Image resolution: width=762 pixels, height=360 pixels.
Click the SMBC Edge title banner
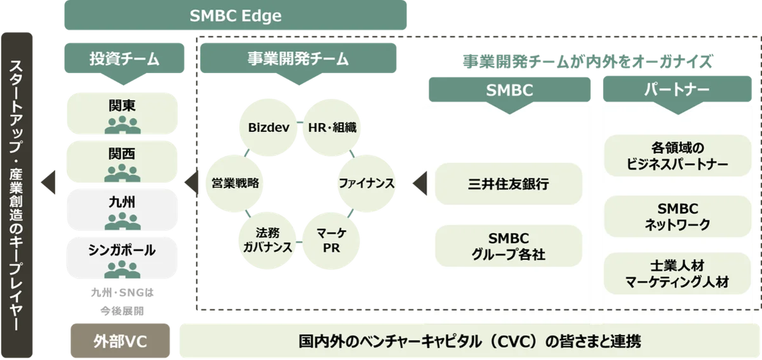pyautogui.click(x=235, y=16)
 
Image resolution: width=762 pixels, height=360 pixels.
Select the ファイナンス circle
pyautogui.click(x=366, y=183)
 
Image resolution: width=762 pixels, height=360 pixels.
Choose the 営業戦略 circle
pyautogui.click(x=235, y=183)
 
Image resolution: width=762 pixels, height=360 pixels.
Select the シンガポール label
pyautogui.click(x=123, y=250)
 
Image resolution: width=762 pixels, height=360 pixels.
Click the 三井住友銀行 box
pyautogui.click(x=508, y=183)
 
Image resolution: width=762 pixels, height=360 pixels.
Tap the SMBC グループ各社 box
pyautogui.click(x=508, y=246)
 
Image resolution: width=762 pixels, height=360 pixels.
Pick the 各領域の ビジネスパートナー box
pyautogui.click(x=674, y=156)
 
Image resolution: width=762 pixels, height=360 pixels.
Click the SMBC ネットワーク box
pyautogui.click(x=674, y=217)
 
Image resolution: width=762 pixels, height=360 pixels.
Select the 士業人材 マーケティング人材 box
pyautogui.click(x=674, y=274)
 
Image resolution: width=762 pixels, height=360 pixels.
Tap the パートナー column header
pyautogui.click(x=674, y=90)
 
